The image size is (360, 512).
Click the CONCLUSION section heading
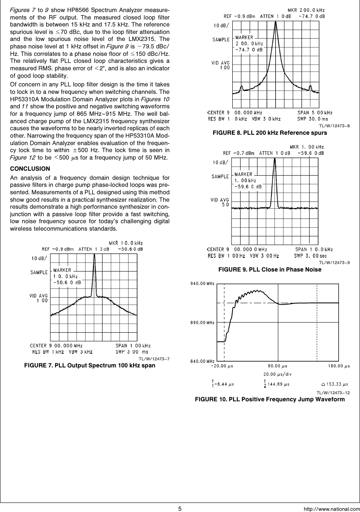(30, 169)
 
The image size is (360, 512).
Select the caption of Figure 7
(90, 366)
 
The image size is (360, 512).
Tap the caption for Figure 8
(269, 133)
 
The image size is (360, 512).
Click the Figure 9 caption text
(269, 269)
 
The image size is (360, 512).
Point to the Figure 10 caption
(269, 399)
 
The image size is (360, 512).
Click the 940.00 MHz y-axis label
(202, 283)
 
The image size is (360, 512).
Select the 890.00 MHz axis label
(202, 322)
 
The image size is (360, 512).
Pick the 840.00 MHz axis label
(202, 361)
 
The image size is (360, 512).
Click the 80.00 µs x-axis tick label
(278, 366)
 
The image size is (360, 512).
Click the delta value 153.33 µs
(335, 384)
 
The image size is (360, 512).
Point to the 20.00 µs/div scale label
(278, 374)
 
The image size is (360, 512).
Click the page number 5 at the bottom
(180, 508)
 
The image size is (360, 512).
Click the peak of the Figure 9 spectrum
(274, 159)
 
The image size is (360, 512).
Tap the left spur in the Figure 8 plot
(242, 88)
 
